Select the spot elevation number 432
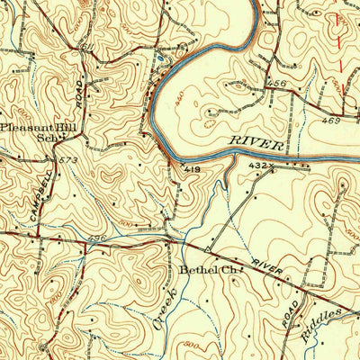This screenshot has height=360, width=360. point(259,166)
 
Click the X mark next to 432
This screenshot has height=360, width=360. point(272,166)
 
